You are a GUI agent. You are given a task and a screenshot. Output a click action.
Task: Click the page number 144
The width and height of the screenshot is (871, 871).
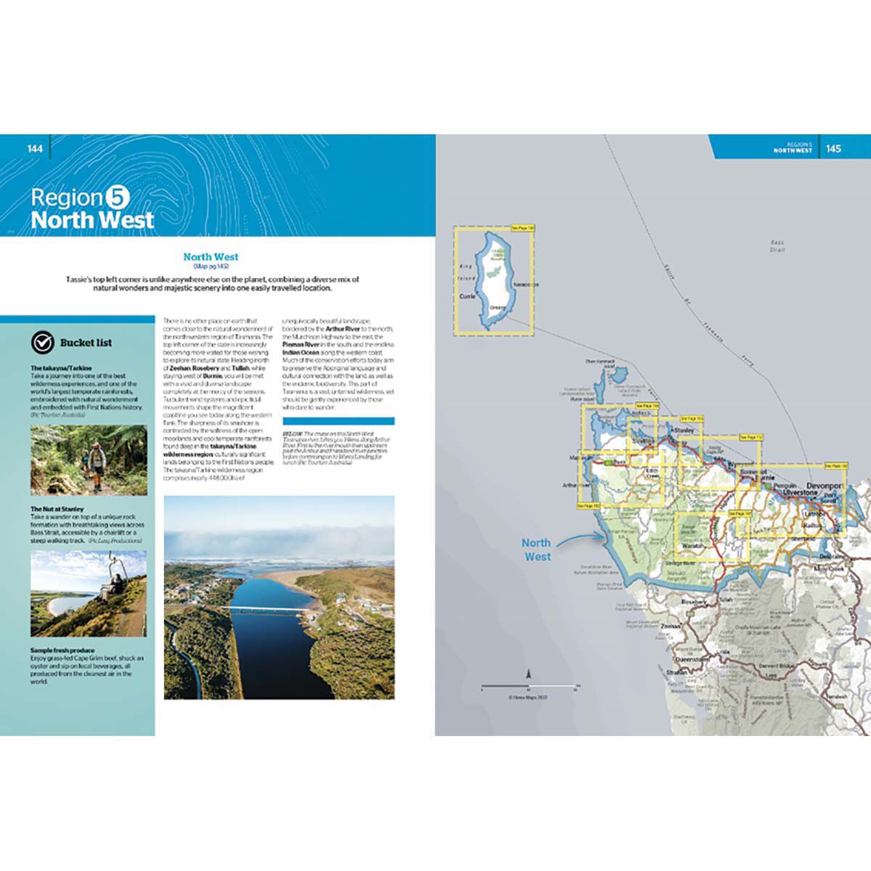click(x=35, y=149)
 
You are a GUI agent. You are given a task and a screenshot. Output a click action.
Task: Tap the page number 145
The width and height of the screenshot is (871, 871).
click(x=833, y=149)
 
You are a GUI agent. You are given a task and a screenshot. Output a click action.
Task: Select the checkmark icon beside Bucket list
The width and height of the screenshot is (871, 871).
click(x=43, y=343)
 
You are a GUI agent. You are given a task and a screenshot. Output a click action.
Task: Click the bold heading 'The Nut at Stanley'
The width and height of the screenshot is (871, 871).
click(x=57, y=510)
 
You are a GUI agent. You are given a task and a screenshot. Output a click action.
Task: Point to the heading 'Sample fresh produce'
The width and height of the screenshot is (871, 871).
click(x=62, y=650)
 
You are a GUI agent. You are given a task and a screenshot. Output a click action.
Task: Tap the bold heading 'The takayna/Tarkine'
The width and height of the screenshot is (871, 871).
click(x=61, y=368)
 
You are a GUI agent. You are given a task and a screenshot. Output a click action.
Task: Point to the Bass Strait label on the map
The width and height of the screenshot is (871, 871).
click(x=777, y=246)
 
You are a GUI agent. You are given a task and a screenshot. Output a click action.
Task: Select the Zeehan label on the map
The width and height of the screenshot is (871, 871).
click(x=671, y=626)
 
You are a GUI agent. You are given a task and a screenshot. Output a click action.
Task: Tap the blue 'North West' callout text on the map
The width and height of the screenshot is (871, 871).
click(x=536, y=549)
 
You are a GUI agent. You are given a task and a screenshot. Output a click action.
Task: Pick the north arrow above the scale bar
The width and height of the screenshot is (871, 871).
click(x=529, y=674)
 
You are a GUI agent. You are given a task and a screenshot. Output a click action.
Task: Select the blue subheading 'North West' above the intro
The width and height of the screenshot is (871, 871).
click(x=210, y=256)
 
